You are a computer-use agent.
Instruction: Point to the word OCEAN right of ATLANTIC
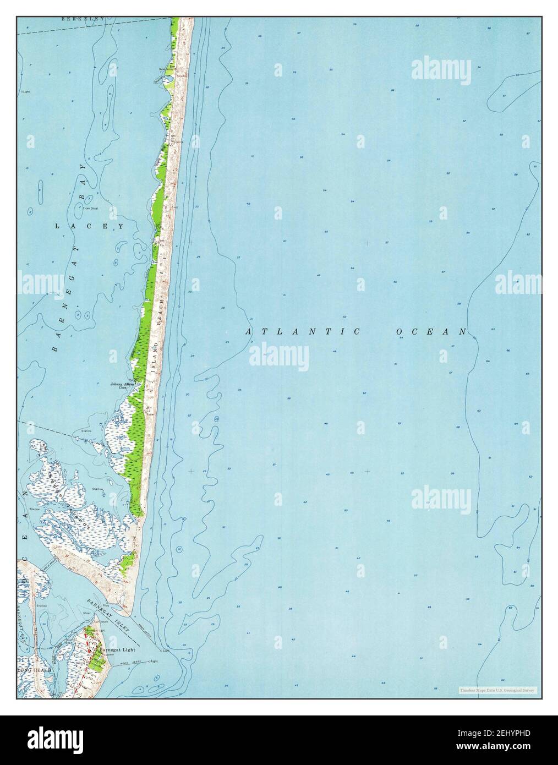point(431,331)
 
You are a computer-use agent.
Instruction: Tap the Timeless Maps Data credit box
point(497,690)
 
